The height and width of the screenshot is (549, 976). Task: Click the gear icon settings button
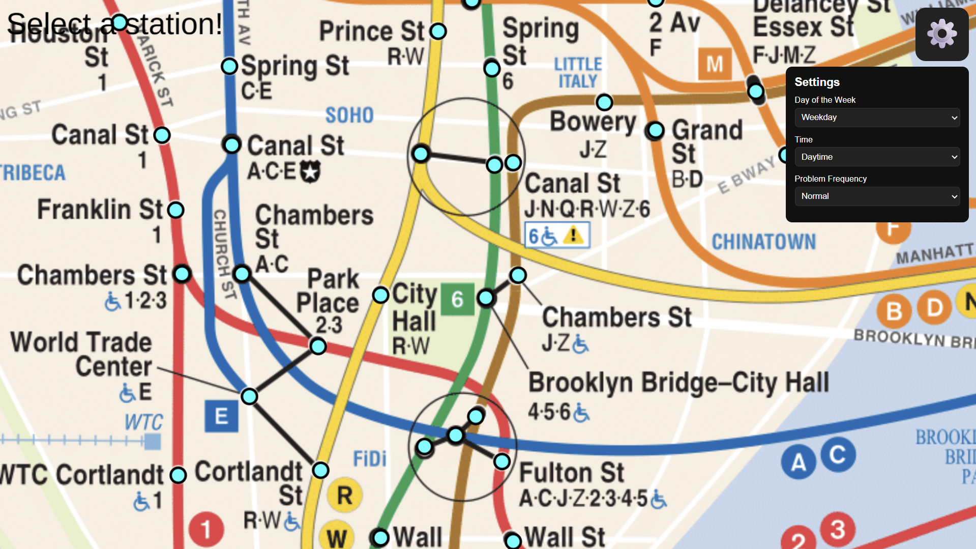[941, 34]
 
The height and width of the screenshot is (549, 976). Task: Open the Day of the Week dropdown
[877, 118]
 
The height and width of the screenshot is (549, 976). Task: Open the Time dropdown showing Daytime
[877, 157]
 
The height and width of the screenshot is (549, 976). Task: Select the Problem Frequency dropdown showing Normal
[877, 196]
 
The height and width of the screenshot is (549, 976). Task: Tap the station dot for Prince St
[438, 31]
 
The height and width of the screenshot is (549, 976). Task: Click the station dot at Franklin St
[176, 210]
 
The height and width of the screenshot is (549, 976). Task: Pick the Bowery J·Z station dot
[604, 102]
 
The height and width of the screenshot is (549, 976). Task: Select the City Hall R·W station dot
[380, 295]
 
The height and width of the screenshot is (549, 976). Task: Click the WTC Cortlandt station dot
[178, 475]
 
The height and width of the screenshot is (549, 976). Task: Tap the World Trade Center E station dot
[249, 396]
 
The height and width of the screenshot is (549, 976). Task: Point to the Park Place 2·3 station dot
[318, 346]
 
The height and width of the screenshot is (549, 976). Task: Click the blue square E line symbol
[221, 416]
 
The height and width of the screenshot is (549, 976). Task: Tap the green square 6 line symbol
[457, 299]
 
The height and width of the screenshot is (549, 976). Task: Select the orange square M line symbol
[715, 64]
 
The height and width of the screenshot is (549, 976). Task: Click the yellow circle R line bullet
[344, 495]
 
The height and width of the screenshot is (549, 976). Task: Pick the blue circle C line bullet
[837, 454]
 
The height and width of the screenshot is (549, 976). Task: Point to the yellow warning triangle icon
[574, 235]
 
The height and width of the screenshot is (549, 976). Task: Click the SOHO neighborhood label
[349, 115]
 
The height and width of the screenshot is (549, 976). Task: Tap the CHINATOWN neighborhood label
[763, 242]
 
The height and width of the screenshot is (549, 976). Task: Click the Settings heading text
[817, 82]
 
